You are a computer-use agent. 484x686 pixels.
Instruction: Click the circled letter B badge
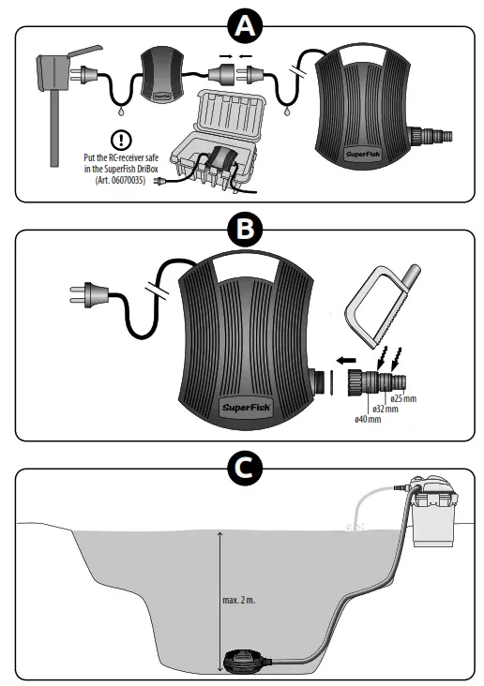tap(243, 229)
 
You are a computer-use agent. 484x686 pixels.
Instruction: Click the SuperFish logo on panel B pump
tap(247, 408)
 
